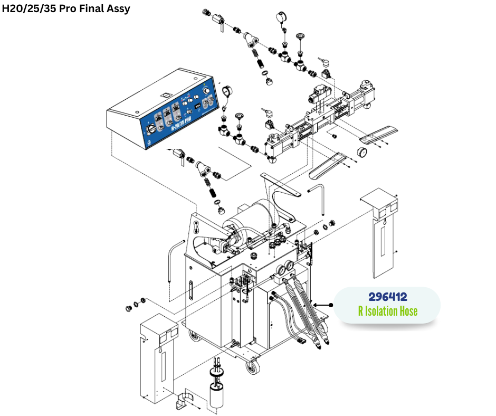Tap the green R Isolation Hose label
point(387,311)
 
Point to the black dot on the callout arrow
point(331,305)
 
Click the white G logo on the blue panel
point(151,141)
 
